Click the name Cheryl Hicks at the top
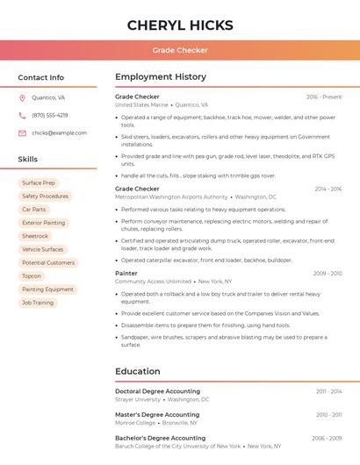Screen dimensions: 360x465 tap(180, 25)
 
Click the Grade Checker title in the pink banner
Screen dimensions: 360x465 tap(180, 50)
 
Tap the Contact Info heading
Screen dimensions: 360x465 tap(40, 77)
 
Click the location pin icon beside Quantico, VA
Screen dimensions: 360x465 tap(22, 98)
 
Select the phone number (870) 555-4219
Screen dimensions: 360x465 tap(49, 115)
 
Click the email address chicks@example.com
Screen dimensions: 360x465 tap(59, 132)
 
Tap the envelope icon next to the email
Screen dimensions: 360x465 tap(22, 132)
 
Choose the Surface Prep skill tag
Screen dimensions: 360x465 tap(39, 183)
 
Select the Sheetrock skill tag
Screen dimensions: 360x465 tap(35, 236)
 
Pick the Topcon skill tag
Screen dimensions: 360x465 tap(32, 275)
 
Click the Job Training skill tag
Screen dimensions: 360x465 tap(38, 303)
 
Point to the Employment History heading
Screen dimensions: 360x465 tap(161, 77)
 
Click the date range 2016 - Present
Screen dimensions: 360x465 tap(324, 97)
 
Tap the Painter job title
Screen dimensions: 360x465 tap(126, 273)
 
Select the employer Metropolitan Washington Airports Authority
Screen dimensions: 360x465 tap(171, 197)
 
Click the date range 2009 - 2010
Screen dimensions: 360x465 tap(328, 273)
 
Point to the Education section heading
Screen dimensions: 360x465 tap(138, 371)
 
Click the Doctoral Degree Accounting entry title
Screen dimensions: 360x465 tap(157, 391)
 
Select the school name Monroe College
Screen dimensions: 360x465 tap(135, 423)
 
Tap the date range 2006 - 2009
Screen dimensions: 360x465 tap(327, 438)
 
